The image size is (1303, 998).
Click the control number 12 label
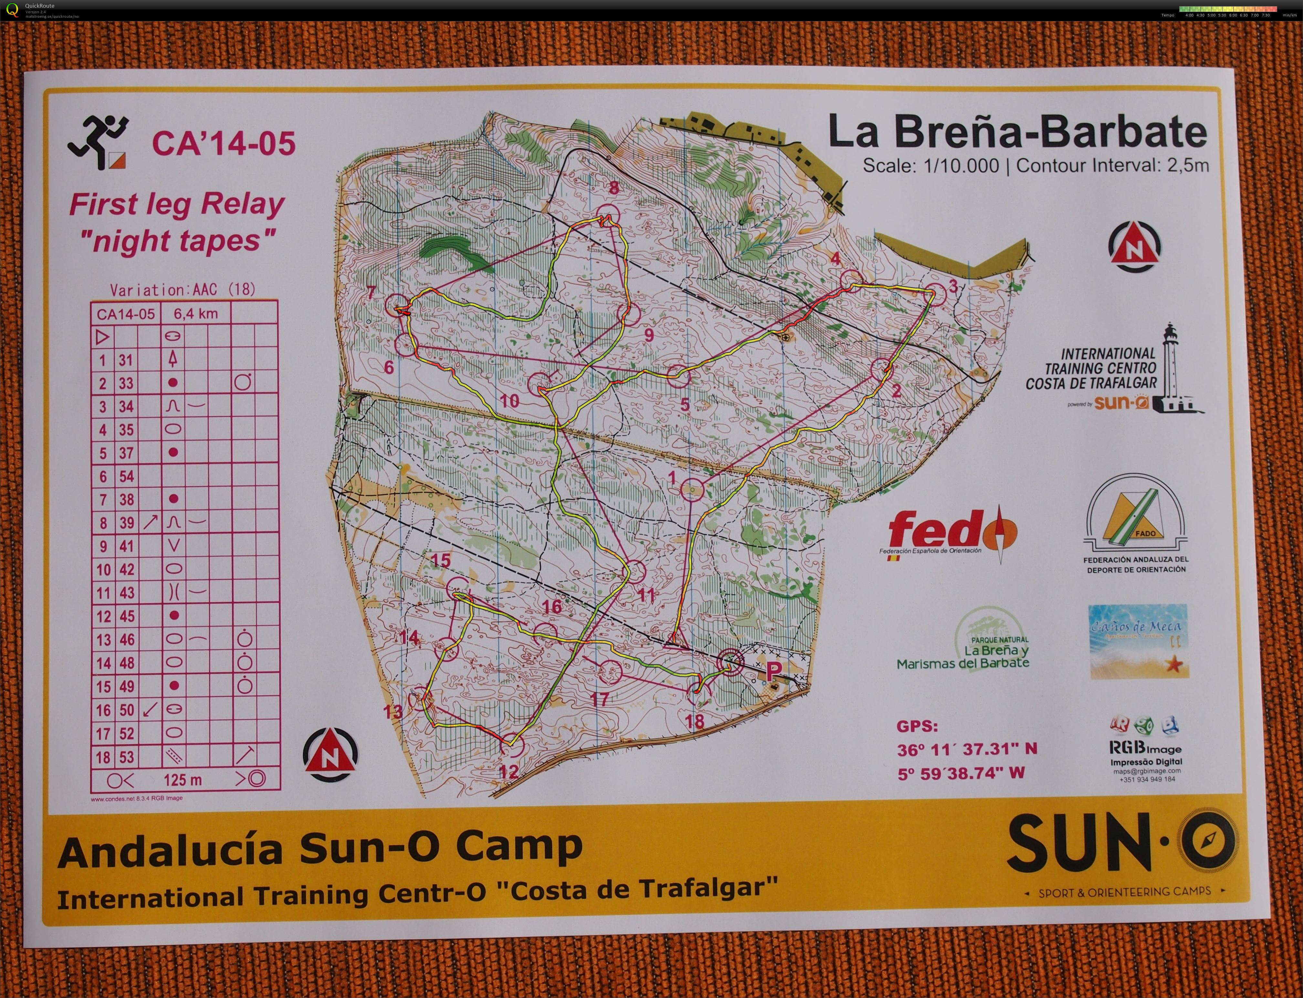pos(509,771)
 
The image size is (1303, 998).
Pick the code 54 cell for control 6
pos(126,477)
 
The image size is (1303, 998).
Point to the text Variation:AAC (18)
pos(182,290)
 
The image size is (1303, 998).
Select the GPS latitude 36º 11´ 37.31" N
pos(967,749)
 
